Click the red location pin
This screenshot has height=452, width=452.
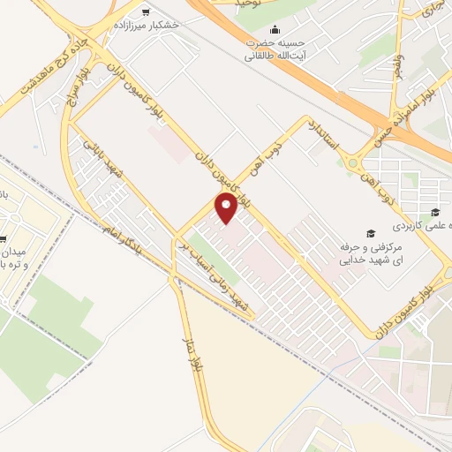[226, 209]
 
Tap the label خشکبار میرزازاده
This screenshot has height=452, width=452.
[146, 25]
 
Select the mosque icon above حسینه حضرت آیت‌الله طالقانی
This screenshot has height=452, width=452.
[275, 29]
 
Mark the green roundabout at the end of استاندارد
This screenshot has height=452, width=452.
[354, 162]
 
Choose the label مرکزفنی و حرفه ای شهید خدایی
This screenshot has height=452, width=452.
[365, 252]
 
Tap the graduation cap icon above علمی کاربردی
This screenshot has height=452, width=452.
[434, 211]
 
